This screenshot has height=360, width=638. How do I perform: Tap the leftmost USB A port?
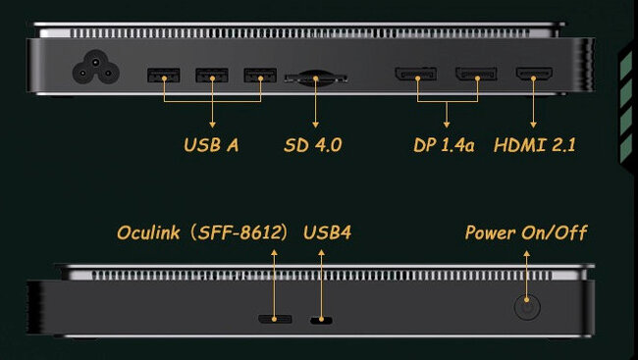[x=163, y=75]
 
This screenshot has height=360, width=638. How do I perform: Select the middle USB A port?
[x=212, y=75]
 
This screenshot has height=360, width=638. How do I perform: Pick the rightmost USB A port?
[x=260, y=75]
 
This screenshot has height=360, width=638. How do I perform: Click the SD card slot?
[x=315, y=76]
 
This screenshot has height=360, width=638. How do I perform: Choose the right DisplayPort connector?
[x=477, y=75]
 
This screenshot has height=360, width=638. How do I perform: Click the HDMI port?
[x=534, y=75]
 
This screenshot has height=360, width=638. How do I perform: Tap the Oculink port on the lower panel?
[x=274, y=319]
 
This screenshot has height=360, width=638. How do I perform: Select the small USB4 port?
[x=320, y=320]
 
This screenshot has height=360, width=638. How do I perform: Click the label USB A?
[x=211, y=145]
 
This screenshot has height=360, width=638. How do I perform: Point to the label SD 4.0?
[x=315, y=145]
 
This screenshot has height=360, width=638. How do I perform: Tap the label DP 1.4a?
[x=445, y=145]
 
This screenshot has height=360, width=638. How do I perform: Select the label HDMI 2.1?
[x=536, y=145]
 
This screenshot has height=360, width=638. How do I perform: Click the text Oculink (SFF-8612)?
[x=201, y=232]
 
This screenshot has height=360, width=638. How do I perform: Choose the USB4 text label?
[x=327, y=232]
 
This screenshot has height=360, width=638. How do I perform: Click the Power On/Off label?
[x=525, y=232]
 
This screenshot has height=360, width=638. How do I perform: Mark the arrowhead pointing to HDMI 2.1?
[x=534, y=124]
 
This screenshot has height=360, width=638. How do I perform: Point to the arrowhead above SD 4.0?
[x=315, y=124]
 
